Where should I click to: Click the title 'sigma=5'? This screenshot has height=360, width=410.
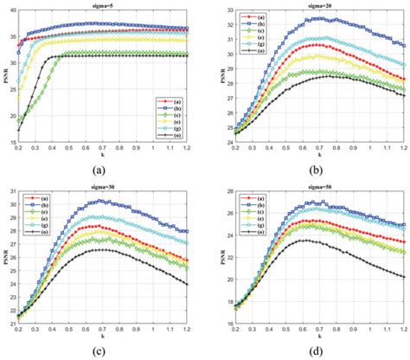pyautogui.click(x=106, y=4)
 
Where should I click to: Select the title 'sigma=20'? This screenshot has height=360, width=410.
pyautogui.click(x=316, y=4)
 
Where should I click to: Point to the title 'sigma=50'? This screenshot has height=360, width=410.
pyautogui.click(x=316, y=183)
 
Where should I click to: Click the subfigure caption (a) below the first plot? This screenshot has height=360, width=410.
pyautogui.click(x=104, y=170)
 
